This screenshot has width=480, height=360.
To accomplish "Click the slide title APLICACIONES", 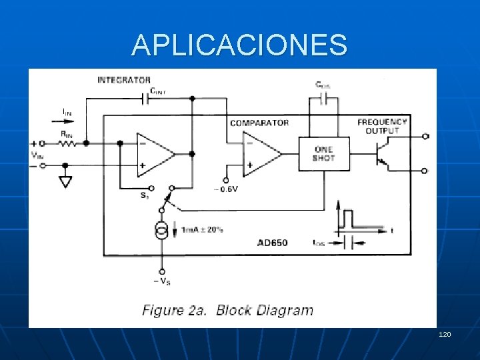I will coord(239,45).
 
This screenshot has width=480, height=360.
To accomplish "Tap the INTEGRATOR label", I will coord(124,80).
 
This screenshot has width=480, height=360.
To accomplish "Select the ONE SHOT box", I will coord(323,154).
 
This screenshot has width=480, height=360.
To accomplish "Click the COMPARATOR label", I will coord(259,123).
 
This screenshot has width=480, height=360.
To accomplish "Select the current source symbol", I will coord(161,232).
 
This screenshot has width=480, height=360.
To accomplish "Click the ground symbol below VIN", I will coord(65,181).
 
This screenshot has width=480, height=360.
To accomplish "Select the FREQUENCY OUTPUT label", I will coord(382,126).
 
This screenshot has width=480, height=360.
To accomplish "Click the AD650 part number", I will coord(272,243).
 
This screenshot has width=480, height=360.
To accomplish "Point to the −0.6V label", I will coord(226,189).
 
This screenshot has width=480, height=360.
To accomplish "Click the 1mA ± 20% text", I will coord(202,230).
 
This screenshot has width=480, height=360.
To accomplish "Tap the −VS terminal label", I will coord(161,281).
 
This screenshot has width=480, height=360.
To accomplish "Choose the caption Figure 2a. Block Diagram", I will coord(227,310).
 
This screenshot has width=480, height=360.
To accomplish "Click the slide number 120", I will coord(445,333).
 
